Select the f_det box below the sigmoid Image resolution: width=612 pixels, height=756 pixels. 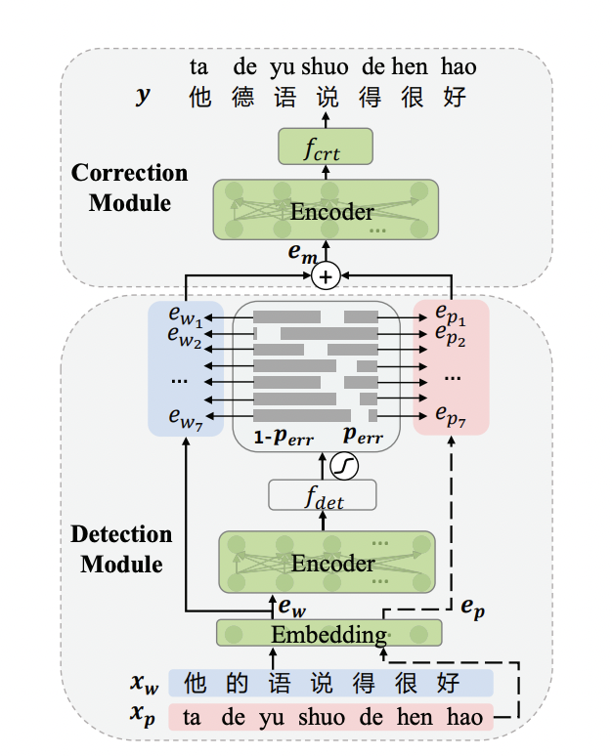pyautogui.click(x=322, y=496)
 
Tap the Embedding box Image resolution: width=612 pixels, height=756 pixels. pyautogui.click(x=328, y=634)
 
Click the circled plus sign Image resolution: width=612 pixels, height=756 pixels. pyautogui.click(x=327, y=277)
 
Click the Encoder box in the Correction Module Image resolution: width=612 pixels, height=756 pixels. pyautogui.click(x=326, y=211)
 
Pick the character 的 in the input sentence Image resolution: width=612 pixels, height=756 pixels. pyautogui.click(x=235, y=682)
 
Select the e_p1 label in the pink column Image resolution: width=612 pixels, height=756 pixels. pyautogui.click(x=452, y=317)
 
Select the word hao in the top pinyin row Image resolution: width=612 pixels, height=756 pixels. pyautogui.click(x=459, y=66)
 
